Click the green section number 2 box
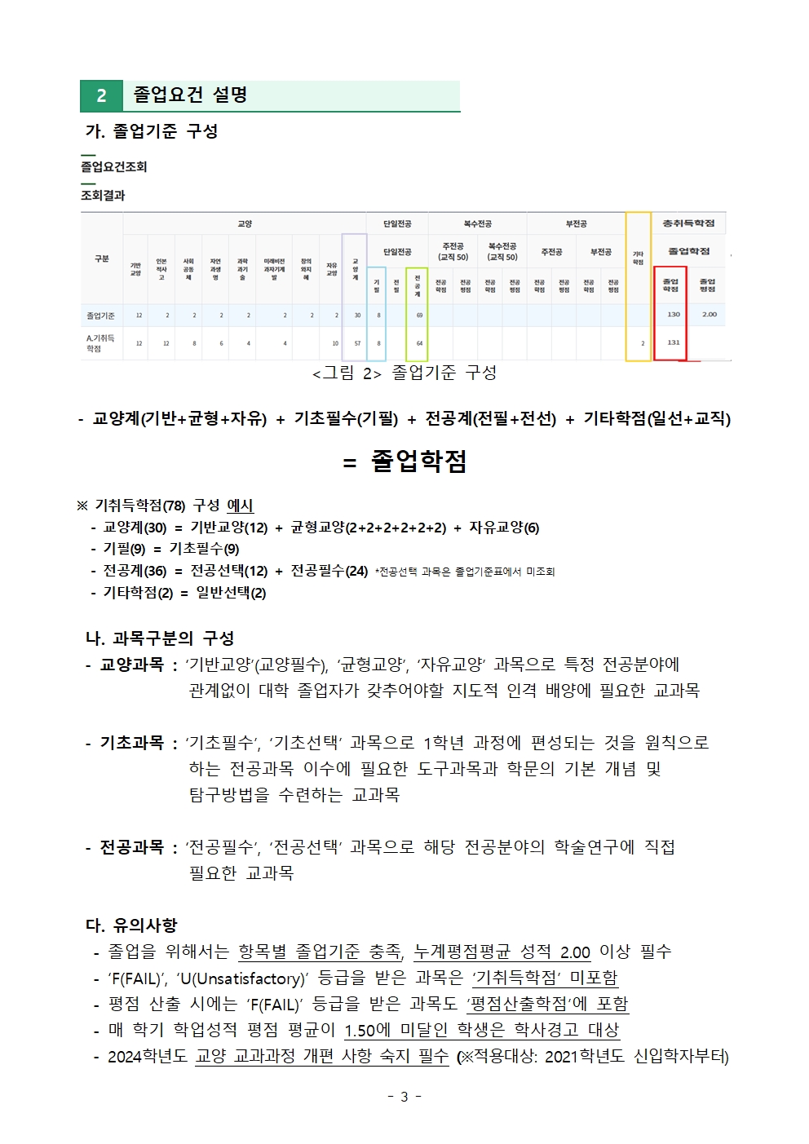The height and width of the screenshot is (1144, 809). (x=101, y=95)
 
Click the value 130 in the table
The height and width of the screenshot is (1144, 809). (x=673, y=314)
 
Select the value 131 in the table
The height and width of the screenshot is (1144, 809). (x=673, y=342)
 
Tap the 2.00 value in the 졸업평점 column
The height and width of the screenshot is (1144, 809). (x=710, y=314)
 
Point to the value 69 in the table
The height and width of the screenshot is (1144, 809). (x=419, y=315)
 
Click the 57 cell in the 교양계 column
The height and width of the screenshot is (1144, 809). (x=357, y=343)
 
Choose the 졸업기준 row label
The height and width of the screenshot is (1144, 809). (x=101, y=315)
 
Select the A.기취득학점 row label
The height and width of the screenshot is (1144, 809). (x=100, y=342)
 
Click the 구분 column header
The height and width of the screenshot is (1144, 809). (x=101, y=258)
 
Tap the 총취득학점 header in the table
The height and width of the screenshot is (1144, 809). (x=688, y=223)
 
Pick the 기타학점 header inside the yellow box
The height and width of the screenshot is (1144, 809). (x=638, y=258)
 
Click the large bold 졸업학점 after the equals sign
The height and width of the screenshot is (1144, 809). (x=418, y=461)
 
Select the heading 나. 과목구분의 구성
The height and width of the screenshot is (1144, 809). (x=160, y=638)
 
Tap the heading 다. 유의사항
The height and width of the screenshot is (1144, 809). (x=131, y=925)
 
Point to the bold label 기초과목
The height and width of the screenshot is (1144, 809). (x=131, y=742)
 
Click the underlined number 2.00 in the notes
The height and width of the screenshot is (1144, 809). (x=575, y=952)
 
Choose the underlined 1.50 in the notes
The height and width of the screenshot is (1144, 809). (x=360, y=1030)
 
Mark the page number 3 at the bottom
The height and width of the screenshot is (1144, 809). (x=404, y=1097)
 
